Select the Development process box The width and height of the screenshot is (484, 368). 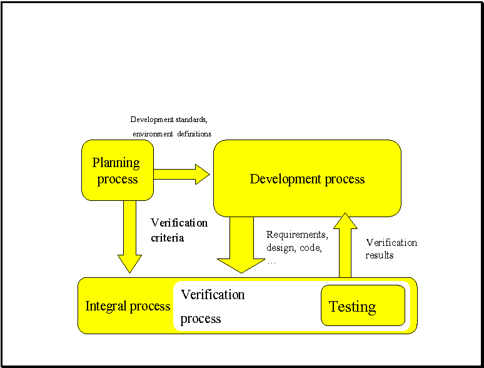point(307,178)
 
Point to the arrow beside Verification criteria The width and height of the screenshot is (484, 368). point(130,235)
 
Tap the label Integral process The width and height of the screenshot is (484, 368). point(128,306)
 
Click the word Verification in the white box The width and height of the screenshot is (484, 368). point(213,294)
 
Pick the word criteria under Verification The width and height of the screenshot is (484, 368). point(168,238)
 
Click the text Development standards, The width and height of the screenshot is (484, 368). point(169,119)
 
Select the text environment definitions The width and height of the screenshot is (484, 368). point(172,133)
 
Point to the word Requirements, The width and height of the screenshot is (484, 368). point(297,235)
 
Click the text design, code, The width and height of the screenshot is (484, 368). point(295,248)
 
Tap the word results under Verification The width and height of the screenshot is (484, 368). point(380,255)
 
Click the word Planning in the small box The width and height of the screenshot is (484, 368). point(116,163)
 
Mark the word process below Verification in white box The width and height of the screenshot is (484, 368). point(201,319)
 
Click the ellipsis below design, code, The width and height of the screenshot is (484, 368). point(271,262)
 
